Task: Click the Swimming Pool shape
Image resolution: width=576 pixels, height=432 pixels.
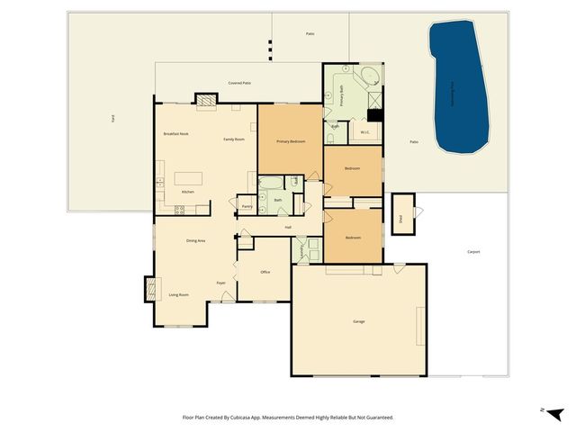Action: point(459,85)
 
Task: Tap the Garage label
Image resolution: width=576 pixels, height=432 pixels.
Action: point(358,321)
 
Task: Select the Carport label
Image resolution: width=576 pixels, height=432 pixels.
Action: point(473,252)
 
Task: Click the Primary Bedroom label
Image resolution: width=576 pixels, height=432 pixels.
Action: point(291,141)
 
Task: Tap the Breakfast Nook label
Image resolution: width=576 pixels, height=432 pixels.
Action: point(175,133)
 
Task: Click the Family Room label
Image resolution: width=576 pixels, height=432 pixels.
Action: point(234,139)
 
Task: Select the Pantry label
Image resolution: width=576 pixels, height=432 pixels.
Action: point(247,206)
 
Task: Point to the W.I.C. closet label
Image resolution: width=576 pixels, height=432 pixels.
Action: point(365,132)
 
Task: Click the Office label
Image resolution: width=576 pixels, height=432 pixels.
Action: point(265,272)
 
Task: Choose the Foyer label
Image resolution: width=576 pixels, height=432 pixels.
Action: point(220,283)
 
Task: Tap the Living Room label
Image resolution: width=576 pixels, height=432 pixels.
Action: point(178,294)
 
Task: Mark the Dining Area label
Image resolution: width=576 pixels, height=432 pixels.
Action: point(196,241)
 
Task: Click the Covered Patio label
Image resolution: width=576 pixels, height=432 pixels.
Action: point(238,82)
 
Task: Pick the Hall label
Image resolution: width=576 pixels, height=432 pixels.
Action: point(288,227)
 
